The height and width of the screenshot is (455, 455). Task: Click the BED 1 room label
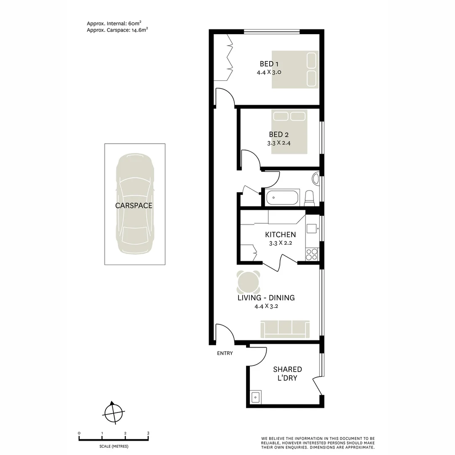269,64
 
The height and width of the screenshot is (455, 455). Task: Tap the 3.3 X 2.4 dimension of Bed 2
279,143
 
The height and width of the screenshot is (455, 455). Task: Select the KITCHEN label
280,235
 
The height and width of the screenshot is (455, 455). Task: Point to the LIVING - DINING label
266,298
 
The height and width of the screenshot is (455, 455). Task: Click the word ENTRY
225,353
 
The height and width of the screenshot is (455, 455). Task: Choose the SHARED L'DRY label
287,374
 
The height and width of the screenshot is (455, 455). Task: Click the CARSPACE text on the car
134,206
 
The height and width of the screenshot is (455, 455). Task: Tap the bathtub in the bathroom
281,198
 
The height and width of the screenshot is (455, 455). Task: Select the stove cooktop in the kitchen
312,254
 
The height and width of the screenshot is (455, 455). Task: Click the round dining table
248,283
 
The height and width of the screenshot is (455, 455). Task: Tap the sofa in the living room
285,329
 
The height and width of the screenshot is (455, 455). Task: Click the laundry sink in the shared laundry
255,397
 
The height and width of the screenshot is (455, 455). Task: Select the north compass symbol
113,411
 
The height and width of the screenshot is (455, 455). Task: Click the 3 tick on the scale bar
148,433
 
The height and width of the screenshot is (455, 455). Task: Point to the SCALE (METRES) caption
114,446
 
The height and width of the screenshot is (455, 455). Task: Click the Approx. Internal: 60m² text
117,24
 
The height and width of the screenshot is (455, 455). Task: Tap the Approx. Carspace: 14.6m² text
117,30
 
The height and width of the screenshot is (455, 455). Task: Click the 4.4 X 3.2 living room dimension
266,306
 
